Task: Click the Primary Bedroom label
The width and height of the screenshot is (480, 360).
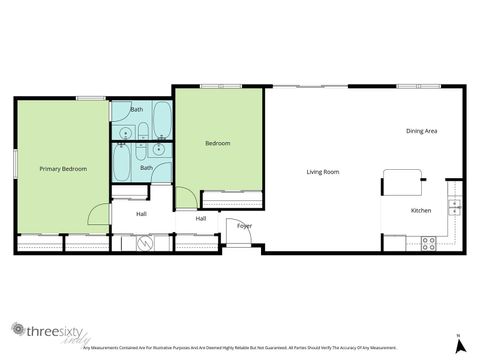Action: click(63, 169)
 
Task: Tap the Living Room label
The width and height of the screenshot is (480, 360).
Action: click(323, 172)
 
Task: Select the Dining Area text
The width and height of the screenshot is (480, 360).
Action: click(421, 131)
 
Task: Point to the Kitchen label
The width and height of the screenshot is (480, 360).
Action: click(421, 211)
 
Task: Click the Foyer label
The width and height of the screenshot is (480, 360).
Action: click(244, 226)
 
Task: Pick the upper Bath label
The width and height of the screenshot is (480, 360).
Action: click(137, 109)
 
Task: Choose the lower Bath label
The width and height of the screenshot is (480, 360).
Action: click(146, 168)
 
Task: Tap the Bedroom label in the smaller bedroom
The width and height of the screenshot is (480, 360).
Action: click(218, 144)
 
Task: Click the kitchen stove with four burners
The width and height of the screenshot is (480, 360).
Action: click(429, 242)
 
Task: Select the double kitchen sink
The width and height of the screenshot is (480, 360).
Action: click(455, 208)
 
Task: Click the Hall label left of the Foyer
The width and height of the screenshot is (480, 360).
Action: click(201, 219)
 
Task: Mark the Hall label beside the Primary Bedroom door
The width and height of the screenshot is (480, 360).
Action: click(141, 213)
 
